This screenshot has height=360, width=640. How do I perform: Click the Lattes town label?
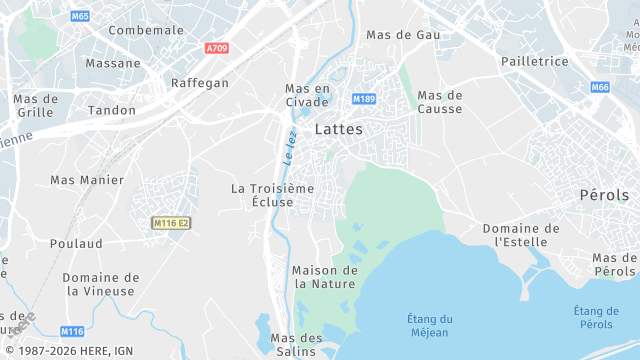(x=338, y=130)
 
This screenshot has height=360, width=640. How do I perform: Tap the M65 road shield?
(x=80, y=17)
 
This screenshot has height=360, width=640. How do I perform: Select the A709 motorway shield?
(x=216, y=48)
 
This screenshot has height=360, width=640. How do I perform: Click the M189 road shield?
(x=364, y=99)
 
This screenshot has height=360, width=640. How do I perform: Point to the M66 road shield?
(x=599, y=87)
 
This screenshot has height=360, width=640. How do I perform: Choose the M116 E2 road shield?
(x=171, y=223)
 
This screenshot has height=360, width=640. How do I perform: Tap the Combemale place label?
(x=146, y=31)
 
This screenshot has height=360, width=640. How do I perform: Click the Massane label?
(x=113, y=63)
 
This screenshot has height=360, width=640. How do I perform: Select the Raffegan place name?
(x=200, y=83)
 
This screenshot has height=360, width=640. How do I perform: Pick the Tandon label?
(x=112, y=110)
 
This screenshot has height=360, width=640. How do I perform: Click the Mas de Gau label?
(x=403, y=35)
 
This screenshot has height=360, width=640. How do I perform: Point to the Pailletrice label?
(x=534, y=62)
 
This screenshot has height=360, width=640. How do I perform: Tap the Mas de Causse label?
(x=440, y=103)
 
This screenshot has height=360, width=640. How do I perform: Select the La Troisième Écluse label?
(x=272, y=195)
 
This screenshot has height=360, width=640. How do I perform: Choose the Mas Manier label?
(x=87, y=180)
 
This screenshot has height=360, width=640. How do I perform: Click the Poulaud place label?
(x=76, y=244)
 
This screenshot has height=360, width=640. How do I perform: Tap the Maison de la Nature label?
(x=324, y=277)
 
